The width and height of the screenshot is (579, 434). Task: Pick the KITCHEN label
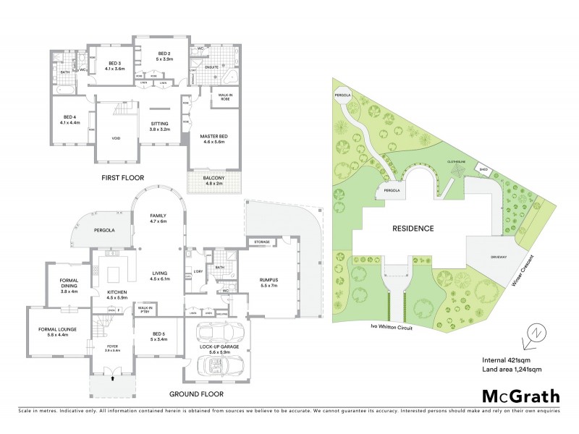(x=117, y=293)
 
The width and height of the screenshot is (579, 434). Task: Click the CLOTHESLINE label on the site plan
(x=455, y=162)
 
